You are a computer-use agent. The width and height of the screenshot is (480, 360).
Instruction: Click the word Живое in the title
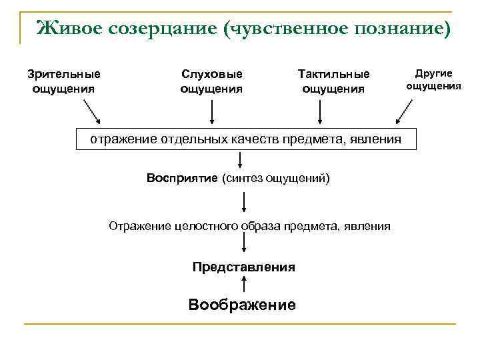67,28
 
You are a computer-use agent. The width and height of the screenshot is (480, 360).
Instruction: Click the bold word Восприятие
183,178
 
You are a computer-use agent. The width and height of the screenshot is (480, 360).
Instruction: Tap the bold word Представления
243,267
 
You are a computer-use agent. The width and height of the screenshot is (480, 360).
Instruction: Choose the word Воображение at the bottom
242,305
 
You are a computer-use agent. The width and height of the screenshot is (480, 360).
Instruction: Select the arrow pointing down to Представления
243,246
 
